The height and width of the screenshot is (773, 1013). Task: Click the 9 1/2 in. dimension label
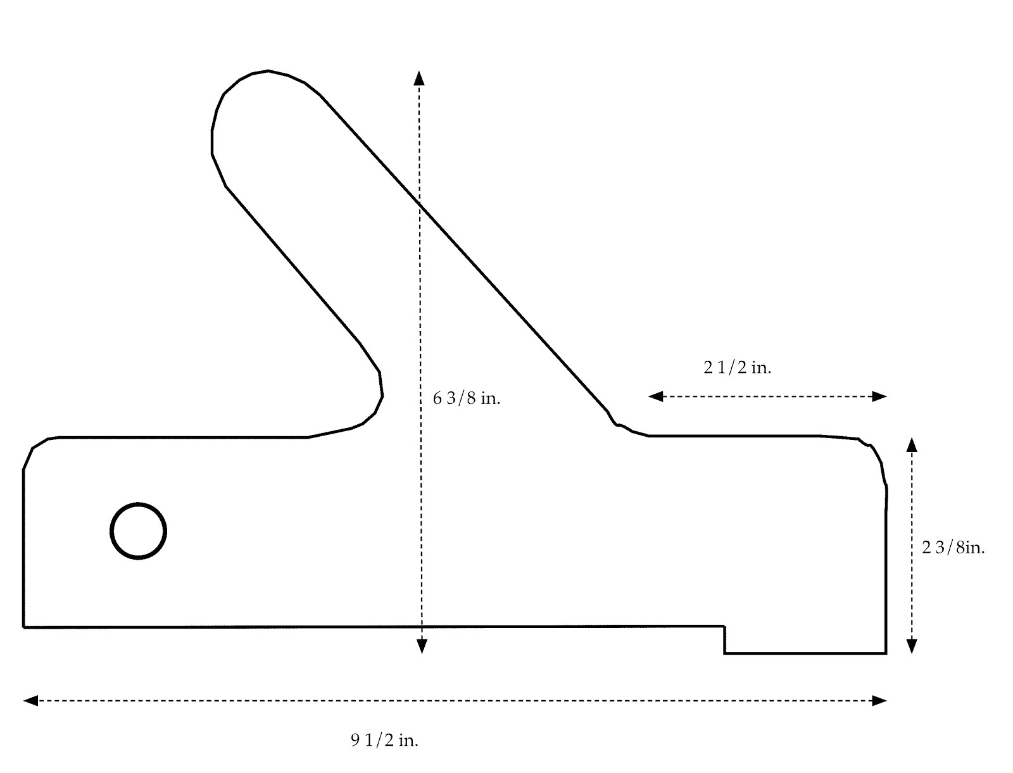pos(384,740)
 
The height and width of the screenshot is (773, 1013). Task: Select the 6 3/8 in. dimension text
pos(466,398)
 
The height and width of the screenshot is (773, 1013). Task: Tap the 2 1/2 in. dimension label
pos(737,367)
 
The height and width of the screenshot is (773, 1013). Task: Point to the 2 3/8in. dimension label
pos(953,548)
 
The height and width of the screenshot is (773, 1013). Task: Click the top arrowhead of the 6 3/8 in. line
pos(418,78)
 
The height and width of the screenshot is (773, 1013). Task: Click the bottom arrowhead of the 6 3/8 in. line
pos(422,646)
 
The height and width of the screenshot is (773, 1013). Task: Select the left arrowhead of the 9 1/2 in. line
pos(30,701)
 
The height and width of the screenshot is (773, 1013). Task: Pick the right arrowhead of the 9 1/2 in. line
pos(879,701)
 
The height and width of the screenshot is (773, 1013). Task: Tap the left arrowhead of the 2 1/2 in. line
pos(656,396)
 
